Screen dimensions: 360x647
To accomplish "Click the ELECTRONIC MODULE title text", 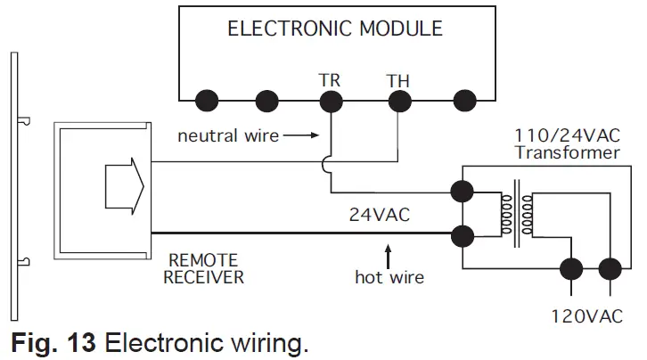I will (x=335, y=29).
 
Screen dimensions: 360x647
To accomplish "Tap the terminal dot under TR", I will (x=331, y=98).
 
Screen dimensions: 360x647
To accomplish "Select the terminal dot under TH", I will (x=397, y=98).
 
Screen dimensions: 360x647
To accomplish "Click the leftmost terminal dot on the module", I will (x=206, y=98).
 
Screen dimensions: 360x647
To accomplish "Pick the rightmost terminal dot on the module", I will (x=463, y=98).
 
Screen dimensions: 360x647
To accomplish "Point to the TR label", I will (x=330, y=79).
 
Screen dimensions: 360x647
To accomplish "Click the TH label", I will (x=397, y=79).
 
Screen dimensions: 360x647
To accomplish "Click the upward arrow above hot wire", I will (x=388, y=249).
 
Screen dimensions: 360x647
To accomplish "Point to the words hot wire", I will (x=389, y=277).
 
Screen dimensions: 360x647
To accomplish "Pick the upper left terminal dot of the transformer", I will (x=463, y=191).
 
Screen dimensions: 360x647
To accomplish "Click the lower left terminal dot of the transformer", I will (x=463, y=236).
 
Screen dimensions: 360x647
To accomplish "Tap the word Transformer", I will (x=567, y=152).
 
